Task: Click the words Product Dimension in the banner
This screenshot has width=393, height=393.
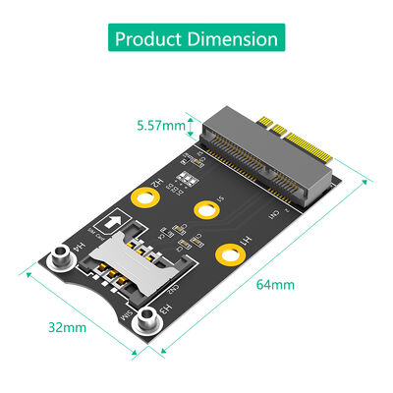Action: tap(196, 40)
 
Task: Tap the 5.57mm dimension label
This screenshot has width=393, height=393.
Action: tap(160, 125)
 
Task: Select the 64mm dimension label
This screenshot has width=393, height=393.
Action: tap(276, 285)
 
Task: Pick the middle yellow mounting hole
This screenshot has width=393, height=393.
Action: tap(205, 209)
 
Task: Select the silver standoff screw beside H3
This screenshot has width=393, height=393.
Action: tap(147, 318)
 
